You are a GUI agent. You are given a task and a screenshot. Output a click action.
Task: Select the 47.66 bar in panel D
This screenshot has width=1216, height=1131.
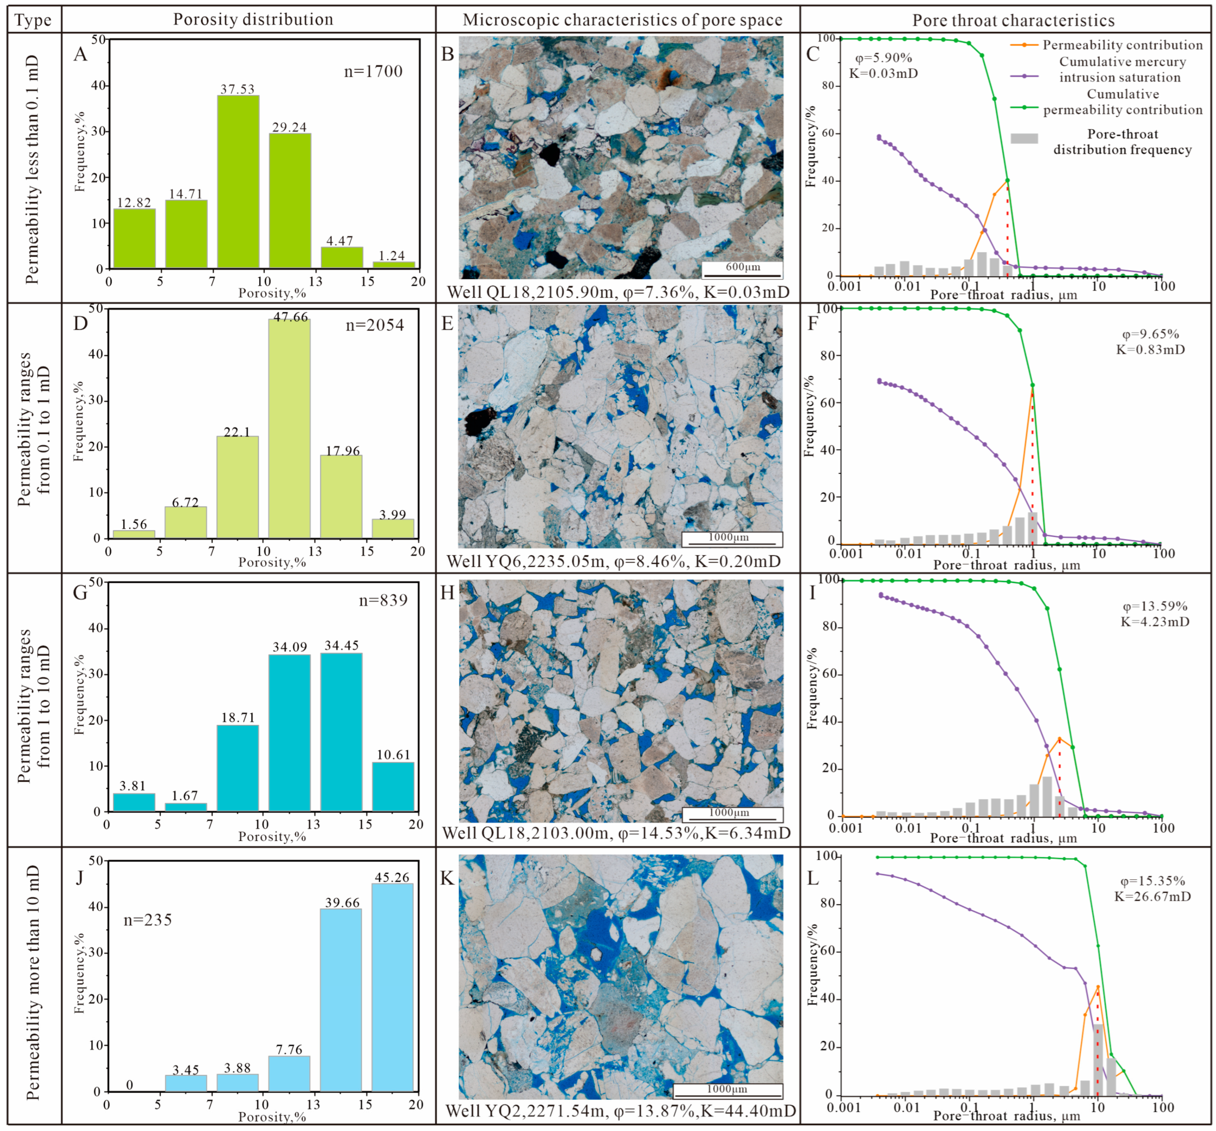[x=289, y=429]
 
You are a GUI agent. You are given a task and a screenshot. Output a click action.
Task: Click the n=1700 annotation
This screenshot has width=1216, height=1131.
[x=373, y=71]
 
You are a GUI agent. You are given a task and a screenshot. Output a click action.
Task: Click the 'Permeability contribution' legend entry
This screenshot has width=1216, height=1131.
[x=1122, y=45]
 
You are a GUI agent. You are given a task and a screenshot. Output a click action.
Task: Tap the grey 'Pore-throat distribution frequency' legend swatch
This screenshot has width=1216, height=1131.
[x=1024, y=138]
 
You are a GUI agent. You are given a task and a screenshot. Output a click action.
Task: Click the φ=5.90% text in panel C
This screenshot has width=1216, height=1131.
[x=883, y=58]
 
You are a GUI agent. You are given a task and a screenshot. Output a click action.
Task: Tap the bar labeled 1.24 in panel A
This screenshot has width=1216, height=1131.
[x=393, y=265]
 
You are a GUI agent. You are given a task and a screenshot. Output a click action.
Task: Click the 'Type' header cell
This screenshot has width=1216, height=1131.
[x=33, y=20]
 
